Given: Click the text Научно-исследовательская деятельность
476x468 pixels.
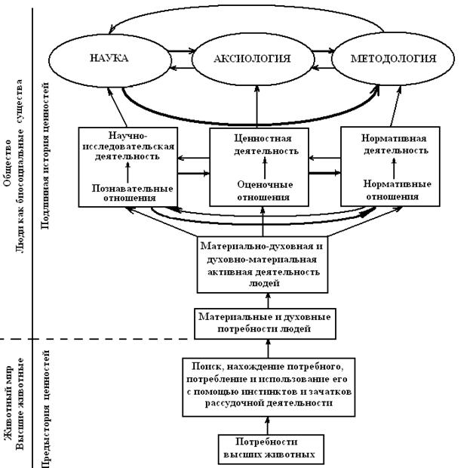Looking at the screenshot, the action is pos(128,146).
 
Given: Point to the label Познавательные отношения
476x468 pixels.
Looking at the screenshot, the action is pos(132,192).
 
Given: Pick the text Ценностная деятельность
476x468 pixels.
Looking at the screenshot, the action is pos(266,145).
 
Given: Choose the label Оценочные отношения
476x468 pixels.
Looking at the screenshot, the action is pos(265,191).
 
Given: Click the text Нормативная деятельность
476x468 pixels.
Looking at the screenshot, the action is pos(395,144).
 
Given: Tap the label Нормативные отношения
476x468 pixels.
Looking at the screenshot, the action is pos(397,189).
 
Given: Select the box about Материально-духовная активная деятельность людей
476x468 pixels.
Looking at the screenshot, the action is pos(263,265).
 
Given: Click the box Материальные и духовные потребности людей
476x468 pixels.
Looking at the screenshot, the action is pos(265,323).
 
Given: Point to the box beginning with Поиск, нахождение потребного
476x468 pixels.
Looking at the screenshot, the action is pos(269,387).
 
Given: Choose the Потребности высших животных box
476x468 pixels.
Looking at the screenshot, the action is pos(271,449).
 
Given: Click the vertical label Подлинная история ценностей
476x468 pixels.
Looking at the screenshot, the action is pos(45,155).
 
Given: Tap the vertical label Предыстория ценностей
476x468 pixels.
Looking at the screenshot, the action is pos(45,409).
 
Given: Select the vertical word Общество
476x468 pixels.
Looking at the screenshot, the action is pos(7,163).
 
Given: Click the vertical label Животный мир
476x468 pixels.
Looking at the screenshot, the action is pos(8,402).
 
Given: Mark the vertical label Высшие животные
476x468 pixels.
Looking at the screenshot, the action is pos(20,404).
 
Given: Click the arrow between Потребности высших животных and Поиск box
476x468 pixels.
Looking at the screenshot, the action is pos(268,426).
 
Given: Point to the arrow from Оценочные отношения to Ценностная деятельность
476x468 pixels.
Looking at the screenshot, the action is pos(265,168).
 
